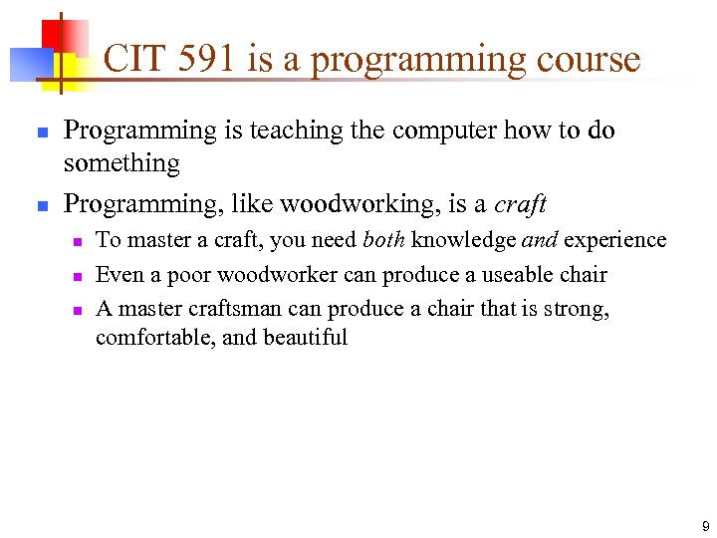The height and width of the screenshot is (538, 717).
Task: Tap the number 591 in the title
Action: (x=204, y=60)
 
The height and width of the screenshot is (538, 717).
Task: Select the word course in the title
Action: (x=586, y=60)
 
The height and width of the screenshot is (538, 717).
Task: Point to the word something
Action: (x=121, y=163)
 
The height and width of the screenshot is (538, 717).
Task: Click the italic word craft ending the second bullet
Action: (x=520, y=204)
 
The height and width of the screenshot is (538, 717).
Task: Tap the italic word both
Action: (x=383, y=240)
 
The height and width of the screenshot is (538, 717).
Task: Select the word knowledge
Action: (x=463, y=240)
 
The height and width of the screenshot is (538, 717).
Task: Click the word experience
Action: (x=614, y=240)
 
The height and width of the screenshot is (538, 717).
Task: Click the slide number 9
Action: (x=705, y=525)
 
